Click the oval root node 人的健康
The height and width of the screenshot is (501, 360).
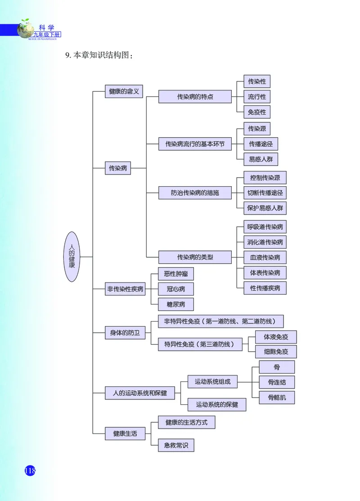(x=72, y=257)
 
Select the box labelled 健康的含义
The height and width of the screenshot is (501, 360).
(x=124, y=91)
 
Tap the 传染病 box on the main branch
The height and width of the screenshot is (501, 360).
(x=118, y=169)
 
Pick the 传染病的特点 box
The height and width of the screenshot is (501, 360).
(x=195, y=97)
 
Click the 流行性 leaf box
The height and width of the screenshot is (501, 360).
(x=256, y=97)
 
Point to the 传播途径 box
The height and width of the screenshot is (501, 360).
(x=261, y=144)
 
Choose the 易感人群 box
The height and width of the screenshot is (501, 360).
(x=261, y=159)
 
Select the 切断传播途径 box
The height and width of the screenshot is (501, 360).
(x=265, y=193)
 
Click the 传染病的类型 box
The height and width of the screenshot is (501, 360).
(x=195, y=257)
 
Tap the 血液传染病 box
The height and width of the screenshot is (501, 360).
(x=265, y=257)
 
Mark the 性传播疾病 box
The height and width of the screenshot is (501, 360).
(x=265, y=288)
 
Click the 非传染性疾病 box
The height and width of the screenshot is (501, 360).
(x=125, y=289)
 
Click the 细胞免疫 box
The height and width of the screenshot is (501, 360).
(x=275, y=352)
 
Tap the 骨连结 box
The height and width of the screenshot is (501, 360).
(x=277, y=382)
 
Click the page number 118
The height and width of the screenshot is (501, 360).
(x=30, y=470)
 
